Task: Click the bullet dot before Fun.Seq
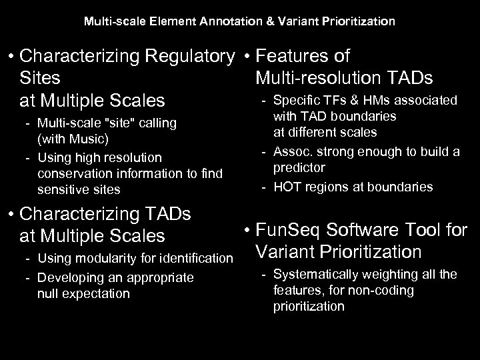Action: click(247, 230)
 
